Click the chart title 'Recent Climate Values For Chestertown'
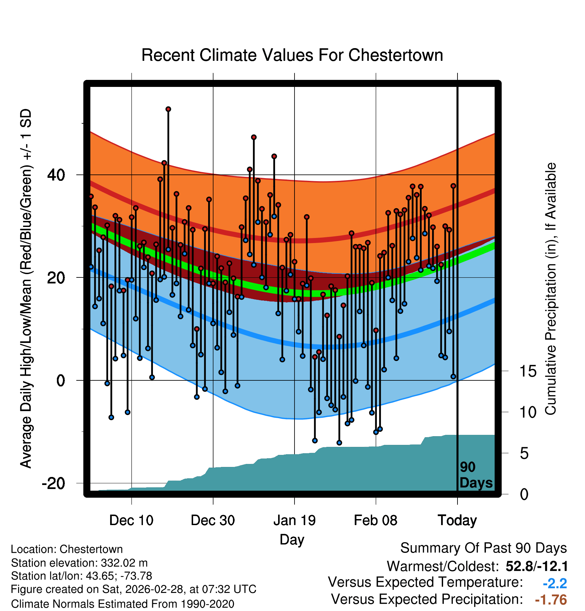click(x=292, y=55)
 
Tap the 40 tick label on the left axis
click(x=56, y=175)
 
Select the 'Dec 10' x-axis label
click(x=131, y=520)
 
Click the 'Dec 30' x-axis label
click(x=213, y=520)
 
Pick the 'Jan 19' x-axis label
click(x=295, y=520)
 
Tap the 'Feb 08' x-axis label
click(x=375, y=520)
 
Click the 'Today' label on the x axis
click(x=457, y=520)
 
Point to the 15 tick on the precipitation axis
click(x=528, y=371)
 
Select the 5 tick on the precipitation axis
click(x=524, y=454)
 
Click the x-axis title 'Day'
click(x=292, y=539)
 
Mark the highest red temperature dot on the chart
click(x=168, y=109)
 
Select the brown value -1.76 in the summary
click(x=551, y=600)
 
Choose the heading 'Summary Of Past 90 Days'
click(x=483, y=548)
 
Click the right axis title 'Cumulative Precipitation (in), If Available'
click(x=551, y=289)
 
